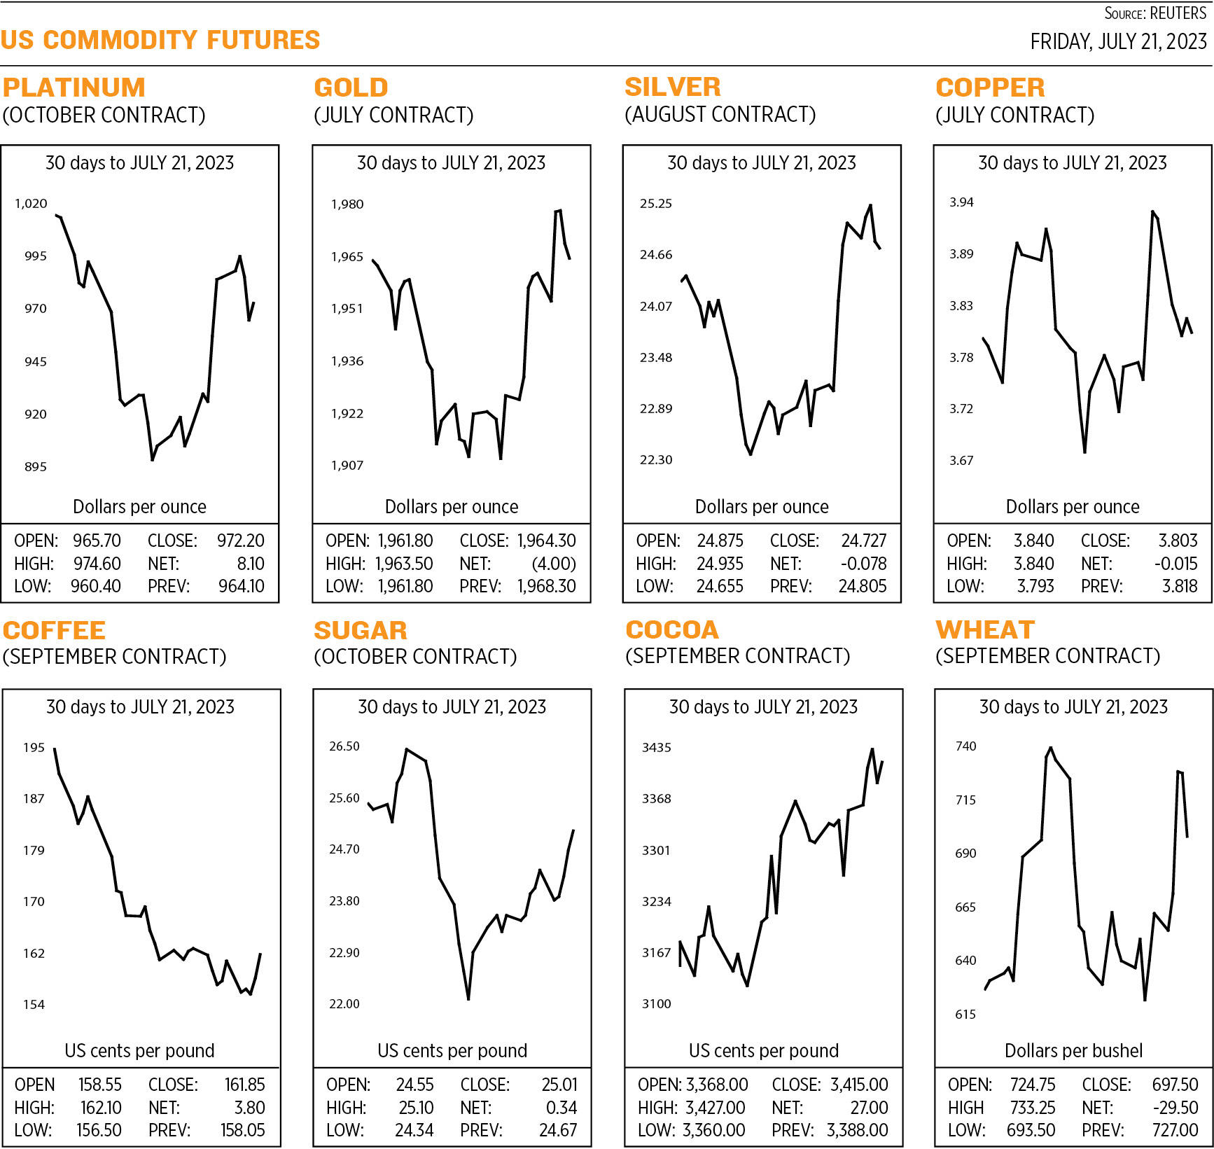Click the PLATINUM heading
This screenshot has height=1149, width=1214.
pyautogui.click(x=74, y=88)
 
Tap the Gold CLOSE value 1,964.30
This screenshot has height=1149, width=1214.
pyautogui.click(x=546, y=541)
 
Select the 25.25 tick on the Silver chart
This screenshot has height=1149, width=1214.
pyautogui.click(x=655, y=204)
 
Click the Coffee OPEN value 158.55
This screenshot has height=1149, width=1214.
pyautogui.click(x=99, y=1085)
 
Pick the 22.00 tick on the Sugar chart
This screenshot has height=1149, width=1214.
pyautogui.click(x=344, y=1004)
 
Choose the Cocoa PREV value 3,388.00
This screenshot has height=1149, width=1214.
pyautogui.click(x=857, y=1130)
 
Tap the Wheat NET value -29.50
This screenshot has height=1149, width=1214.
pyautogui.click(x=1175, y=1108)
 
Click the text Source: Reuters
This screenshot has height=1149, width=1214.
pyautogui.click(x=1155, y=13)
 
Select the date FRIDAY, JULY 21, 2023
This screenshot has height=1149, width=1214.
pyautogui.click(x=1118, y=42)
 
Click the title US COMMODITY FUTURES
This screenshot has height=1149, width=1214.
pyautogui.click(x=160, y=40)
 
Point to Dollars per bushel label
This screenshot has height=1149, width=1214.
pyautogui.click(x=1073, y=1050)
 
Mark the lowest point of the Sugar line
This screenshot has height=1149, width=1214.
pyautogui.click(x=468, y=998)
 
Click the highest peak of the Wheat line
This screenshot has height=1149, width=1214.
pyautogui.click(x=1051, y=748)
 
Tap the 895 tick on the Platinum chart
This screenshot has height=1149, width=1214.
pyautogui.click(x=36, y=467)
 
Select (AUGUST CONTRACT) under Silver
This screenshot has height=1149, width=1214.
pyautogui.click(x=720, y=114)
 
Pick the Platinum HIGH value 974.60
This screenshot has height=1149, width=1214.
pyautogui.click(x=97, y=564)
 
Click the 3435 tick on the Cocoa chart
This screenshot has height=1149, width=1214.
pyautogui.click(x=656, y=748)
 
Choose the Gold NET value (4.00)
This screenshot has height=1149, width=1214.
pyautogui.click(x=554, y=564)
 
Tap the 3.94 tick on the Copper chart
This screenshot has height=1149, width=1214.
pyautogui.click(x=961, y=202)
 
